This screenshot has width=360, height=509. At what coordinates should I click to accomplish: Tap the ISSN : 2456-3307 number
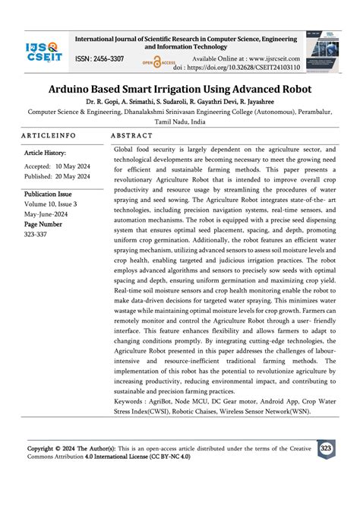(99, 58)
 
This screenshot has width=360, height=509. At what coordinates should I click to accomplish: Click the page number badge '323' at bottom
(327, 449)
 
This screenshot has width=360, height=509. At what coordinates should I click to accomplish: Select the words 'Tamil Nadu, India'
(179, 121)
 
